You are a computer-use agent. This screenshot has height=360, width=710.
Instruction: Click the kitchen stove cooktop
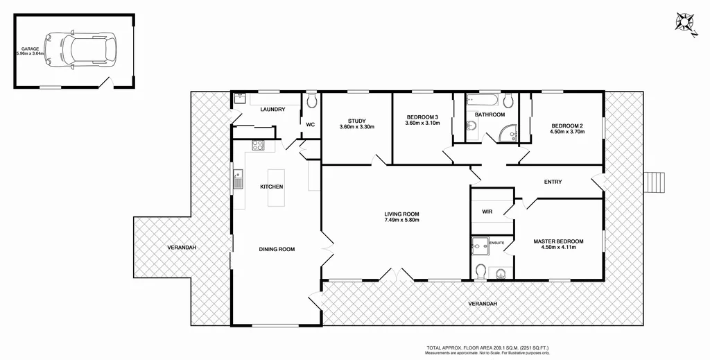(257, 146)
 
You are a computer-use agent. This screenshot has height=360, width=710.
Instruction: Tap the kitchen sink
(238, 180)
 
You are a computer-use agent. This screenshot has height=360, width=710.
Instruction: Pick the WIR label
(487, 212)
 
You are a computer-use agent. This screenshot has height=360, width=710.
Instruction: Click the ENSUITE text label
(497, 243)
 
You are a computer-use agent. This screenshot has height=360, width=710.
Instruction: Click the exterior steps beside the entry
(655, 182)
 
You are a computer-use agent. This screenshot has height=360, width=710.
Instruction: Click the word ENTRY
(553, 182)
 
